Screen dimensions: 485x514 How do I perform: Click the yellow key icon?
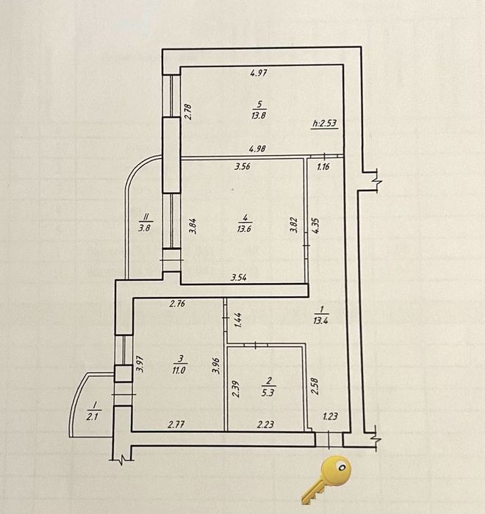click(326, 479)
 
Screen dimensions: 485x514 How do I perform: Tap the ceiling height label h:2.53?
click(325, 124)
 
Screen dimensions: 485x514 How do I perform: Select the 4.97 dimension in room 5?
click(259, 73)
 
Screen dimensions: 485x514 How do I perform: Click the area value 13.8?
click(259, 115)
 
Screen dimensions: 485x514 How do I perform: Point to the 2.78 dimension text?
click(187, 112)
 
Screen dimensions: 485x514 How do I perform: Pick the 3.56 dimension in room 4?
click(242, 166)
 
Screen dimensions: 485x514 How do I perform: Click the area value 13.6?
click(244, 228)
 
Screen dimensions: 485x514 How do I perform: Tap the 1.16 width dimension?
click(323, 167)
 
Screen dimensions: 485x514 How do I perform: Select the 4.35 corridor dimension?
click(316, 226)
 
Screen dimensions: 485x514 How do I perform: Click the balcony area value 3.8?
click(144, 227)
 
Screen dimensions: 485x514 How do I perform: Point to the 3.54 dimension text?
click(239, 278)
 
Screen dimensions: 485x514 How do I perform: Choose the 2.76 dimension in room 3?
click(177, 304)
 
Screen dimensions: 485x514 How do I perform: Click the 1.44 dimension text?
click(238, 321)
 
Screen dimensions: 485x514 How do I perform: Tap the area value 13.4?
click(320, 321)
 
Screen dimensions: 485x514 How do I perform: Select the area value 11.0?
click(180, 371)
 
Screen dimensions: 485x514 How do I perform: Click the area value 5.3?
click(267, 393)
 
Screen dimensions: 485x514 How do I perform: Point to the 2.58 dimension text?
click(315, 386)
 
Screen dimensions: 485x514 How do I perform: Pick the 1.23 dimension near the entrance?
click(330, 417)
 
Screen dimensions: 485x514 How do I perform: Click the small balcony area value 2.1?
click(93, 417)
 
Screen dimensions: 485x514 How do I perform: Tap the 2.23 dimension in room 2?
click(265, 425)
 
